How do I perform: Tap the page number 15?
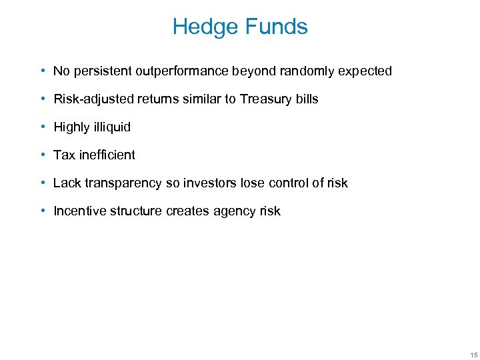pyautogui.click(x=473, y=353)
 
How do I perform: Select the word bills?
pyautogui.click(x=307, y=99)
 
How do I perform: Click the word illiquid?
pyautogui.click(x=111, y=127)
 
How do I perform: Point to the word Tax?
pyautogui.click(x=64, y=155)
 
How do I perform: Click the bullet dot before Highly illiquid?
pyautogui.click(x=42, y=127)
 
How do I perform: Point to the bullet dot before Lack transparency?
pyautogui.click(x=42, y=183)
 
